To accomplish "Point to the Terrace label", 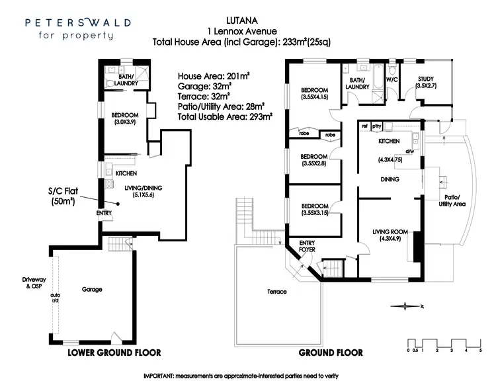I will [277, 291].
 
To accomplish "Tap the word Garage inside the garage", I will [92, 289].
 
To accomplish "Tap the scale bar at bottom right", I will [444, 344].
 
